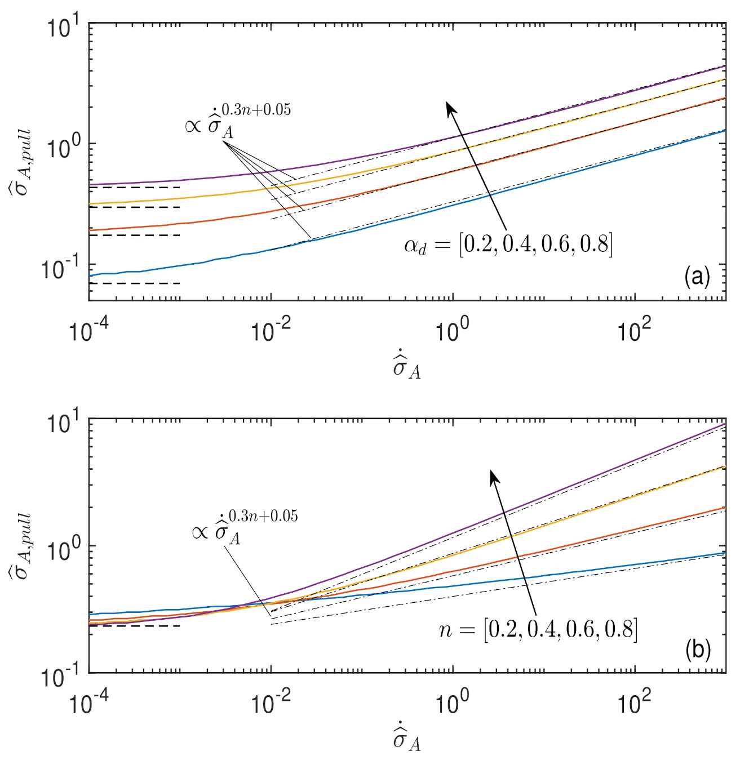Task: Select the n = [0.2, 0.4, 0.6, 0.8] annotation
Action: (x=538, y=629)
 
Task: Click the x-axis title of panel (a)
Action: (x=407, y=367)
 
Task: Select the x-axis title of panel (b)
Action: (x=407, y=739)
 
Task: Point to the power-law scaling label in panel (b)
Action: (x=245, y=526)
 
